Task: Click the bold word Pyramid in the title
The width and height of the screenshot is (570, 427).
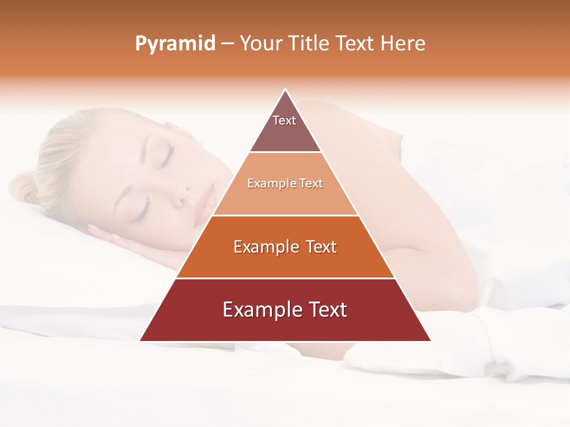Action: point(175,44)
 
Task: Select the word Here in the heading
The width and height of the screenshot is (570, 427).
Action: point(403,44)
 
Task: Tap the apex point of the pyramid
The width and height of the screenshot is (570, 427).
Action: point(286,90)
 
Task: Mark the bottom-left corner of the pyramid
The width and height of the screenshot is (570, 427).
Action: point(140,341)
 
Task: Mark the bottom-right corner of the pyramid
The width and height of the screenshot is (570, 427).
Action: point(431,341)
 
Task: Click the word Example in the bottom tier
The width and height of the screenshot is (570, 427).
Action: point(259,310)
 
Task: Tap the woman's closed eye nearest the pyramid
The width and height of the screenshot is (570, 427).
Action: point(166,155)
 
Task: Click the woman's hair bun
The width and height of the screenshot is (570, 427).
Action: point(24,187)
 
